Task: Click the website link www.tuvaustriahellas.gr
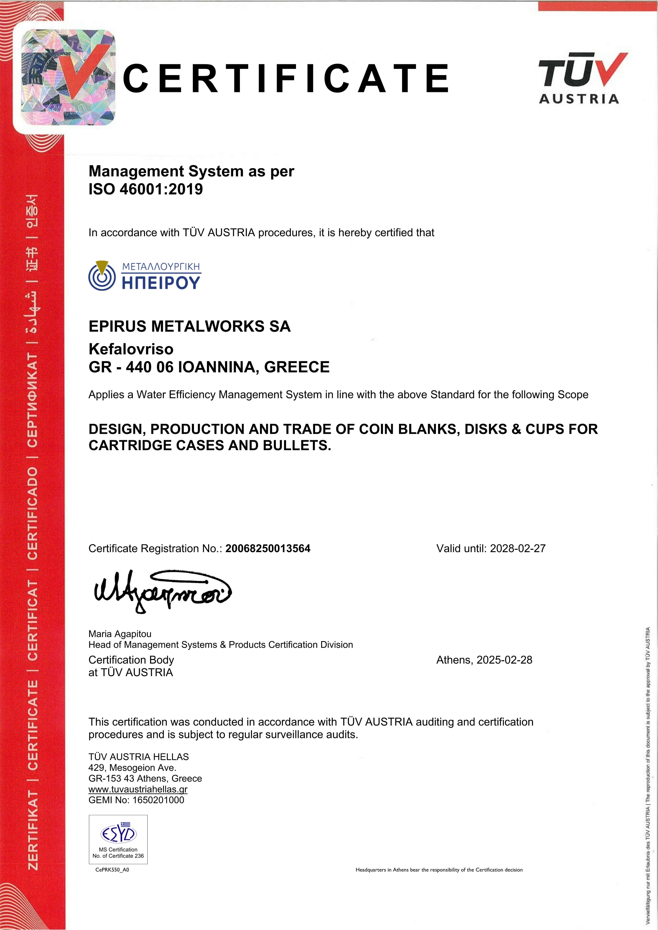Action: [x=138, y=789]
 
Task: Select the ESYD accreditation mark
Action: [x=118, y=834]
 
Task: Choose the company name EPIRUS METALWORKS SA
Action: [x=189, y=327]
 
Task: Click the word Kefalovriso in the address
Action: [x=131, y=349]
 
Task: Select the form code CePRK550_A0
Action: [x=112, y=870]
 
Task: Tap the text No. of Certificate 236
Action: [x=118, y=856]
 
